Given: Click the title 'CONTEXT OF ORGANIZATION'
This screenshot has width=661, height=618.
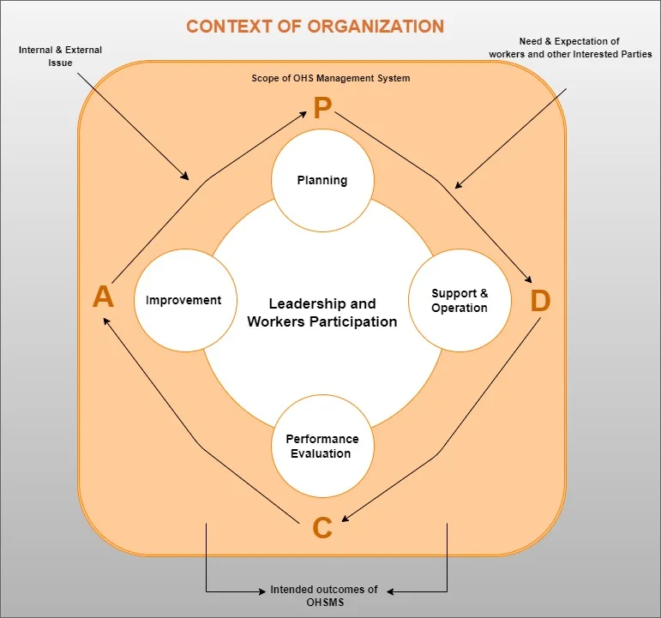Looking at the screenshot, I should pyautogui.click(x=315, y=26).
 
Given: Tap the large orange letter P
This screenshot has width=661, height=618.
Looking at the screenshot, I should pyautogui.click(x=322, y=109).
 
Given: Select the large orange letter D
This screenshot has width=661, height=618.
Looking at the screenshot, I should pyautogui.click(x=540, y=301).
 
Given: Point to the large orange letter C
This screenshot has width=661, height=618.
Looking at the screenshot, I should pyautogui.click(x=322, y=528).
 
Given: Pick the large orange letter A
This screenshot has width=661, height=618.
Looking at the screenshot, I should pyautogui.click(x=103, y=297).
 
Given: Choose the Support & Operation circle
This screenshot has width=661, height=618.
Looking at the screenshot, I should pyautogui.click(x=460, y=301).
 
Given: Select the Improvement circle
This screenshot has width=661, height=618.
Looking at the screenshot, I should pyautogui.click(x=183, y=300).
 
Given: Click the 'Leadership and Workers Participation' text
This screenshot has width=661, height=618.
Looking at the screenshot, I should pyautogui.click(x=321, y=313).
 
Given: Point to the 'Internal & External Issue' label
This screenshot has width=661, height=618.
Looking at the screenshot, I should pyautogui.click(x=61, y=57).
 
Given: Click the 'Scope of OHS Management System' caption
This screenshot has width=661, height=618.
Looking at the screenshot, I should pyautogui.click(x=330, y=78).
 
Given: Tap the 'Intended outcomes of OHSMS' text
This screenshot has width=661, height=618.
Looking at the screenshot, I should pyautogui.click(x=323, y=596).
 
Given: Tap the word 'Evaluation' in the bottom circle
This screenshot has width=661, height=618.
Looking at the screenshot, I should pyautogui.click(x=321, y=453).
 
